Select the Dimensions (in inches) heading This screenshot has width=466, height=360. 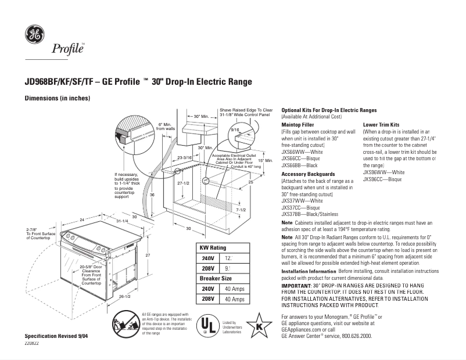tap(57, 98)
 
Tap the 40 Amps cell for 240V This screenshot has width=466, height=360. tap(234, 289)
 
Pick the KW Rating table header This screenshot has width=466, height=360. tap(213, 248)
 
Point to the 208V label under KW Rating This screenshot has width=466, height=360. tap(207, 268)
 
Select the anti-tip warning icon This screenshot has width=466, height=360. tap(123, 323)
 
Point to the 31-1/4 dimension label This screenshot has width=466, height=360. tap(122, 221)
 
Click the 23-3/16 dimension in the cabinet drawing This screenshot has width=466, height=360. tap(185, 157)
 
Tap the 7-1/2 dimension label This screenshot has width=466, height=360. tap(241, 210)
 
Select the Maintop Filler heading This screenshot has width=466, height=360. tap(297, 124)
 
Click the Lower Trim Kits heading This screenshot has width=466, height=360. tap(381, 124)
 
